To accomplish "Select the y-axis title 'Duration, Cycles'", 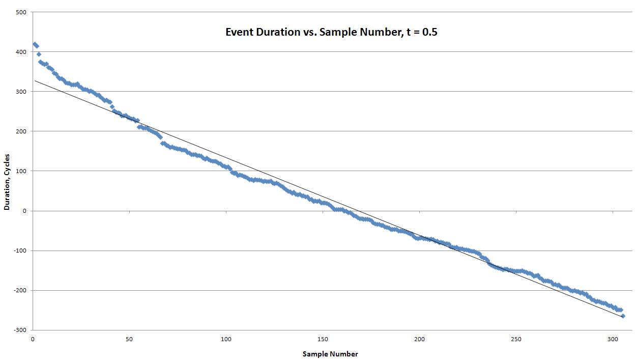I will click(x=7, y=182).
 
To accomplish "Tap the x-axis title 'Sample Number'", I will click(x=330, y=354).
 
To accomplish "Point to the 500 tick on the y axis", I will click(x=21, y=12).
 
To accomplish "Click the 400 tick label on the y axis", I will click(x=21, y=52).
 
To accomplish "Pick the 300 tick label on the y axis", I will click(x=21, y=92).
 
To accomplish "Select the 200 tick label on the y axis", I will click(x=21, y=131).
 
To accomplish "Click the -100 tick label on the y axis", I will click(x=20, y=251).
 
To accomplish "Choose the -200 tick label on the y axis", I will click(x=20, y=290).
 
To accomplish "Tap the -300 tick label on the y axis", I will click(x=20, y=330).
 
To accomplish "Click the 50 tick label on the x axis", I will click(x=129, y=339).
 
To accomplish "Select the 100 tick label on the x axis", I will click(x=226, y=339).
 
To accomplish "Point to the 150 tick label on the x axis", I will click(x=323, y=339).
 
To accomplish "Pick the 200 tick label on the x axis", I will click(x=419, y=339).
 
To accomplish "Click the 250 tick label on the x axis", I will click(x=516, y=339).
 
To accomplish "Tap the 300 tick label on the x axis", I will click(x=613, y=339).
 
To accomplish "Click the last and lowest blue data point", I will click(x=622, y=316).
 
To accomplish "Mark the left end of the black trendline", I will click(x=35, y=80).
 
